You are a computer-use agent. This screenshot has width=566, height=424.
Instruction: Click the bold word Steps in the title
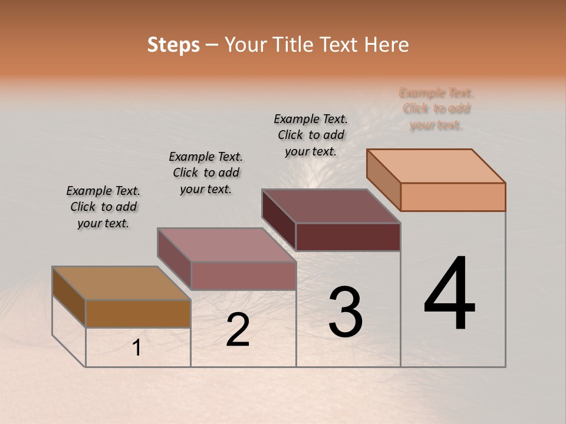pos(173,45)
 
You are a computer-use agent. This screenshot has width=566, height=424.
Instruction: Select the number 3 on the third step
pos(345,312)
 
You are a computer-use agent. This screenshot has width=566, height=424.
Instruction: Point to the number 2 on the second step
pos(238,330)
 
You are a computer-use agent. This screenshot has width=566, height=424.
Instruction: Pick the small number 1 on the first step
pos(137,348)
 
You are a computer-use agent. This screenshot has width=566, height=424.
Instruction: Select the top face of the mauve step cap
pos(226,245)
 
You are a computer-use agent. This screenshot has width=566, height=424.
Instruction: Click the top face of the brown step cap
pos(121,283)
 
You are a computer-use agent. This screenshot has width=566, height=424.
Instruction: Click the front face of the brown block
pos(138,313)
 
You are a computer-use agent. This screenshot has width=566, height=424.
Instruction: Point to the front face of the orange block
pos(453,197)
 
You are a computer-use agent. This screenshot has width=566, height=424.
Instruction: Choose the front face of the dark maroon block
pos(348,237)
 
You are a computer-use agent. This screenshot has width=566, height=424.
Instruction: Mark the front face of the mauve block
pos(243,276)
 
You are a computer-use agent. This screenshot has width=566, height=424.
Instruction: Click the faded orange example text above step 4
pos(436,109)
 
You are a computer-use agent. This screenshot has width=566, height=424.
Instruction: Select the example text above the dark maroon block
pos(311,135)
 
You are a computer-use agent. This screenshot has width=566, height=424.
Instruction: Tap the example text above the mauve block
pos(206,173)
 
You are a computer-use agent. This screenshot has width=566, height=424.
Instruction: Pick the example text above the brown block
pos(103,207)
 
